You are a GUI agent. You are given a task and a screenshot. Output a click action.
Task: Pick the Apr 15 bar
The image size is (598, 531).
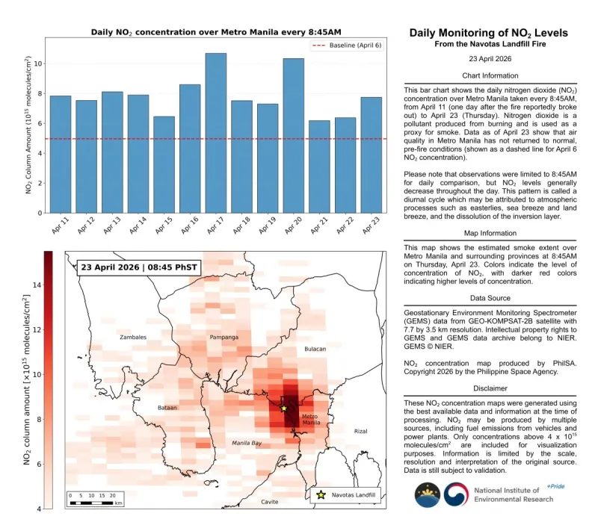[164, 164]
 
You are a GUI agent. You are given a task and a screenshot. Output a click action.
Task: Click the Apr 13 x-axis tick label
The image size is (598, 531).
[111, 226]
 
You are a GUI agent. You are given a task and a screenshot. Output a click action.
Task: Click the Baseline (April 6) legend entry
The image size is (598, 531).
[341, 46]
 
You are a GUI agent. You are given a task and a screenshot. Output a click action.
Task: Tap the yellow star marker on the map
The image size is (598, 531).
[283, 408]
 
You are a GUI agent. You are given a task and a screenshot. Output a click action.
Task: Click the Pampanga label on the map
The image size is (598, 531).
[224, 338]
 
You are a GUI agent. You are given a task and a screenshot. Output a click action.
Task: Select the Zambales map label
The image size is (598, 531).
[133, 338]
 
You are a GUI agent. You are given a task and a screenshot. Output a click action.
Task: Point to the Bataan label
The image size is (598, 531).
[167, 408]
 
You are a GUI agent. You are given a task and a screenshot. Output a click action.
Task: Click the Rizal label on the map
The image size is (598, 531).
[361, 431]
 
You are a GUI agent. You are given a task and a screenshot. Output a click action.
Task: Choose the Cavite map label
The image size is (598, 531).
[270, 502]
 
